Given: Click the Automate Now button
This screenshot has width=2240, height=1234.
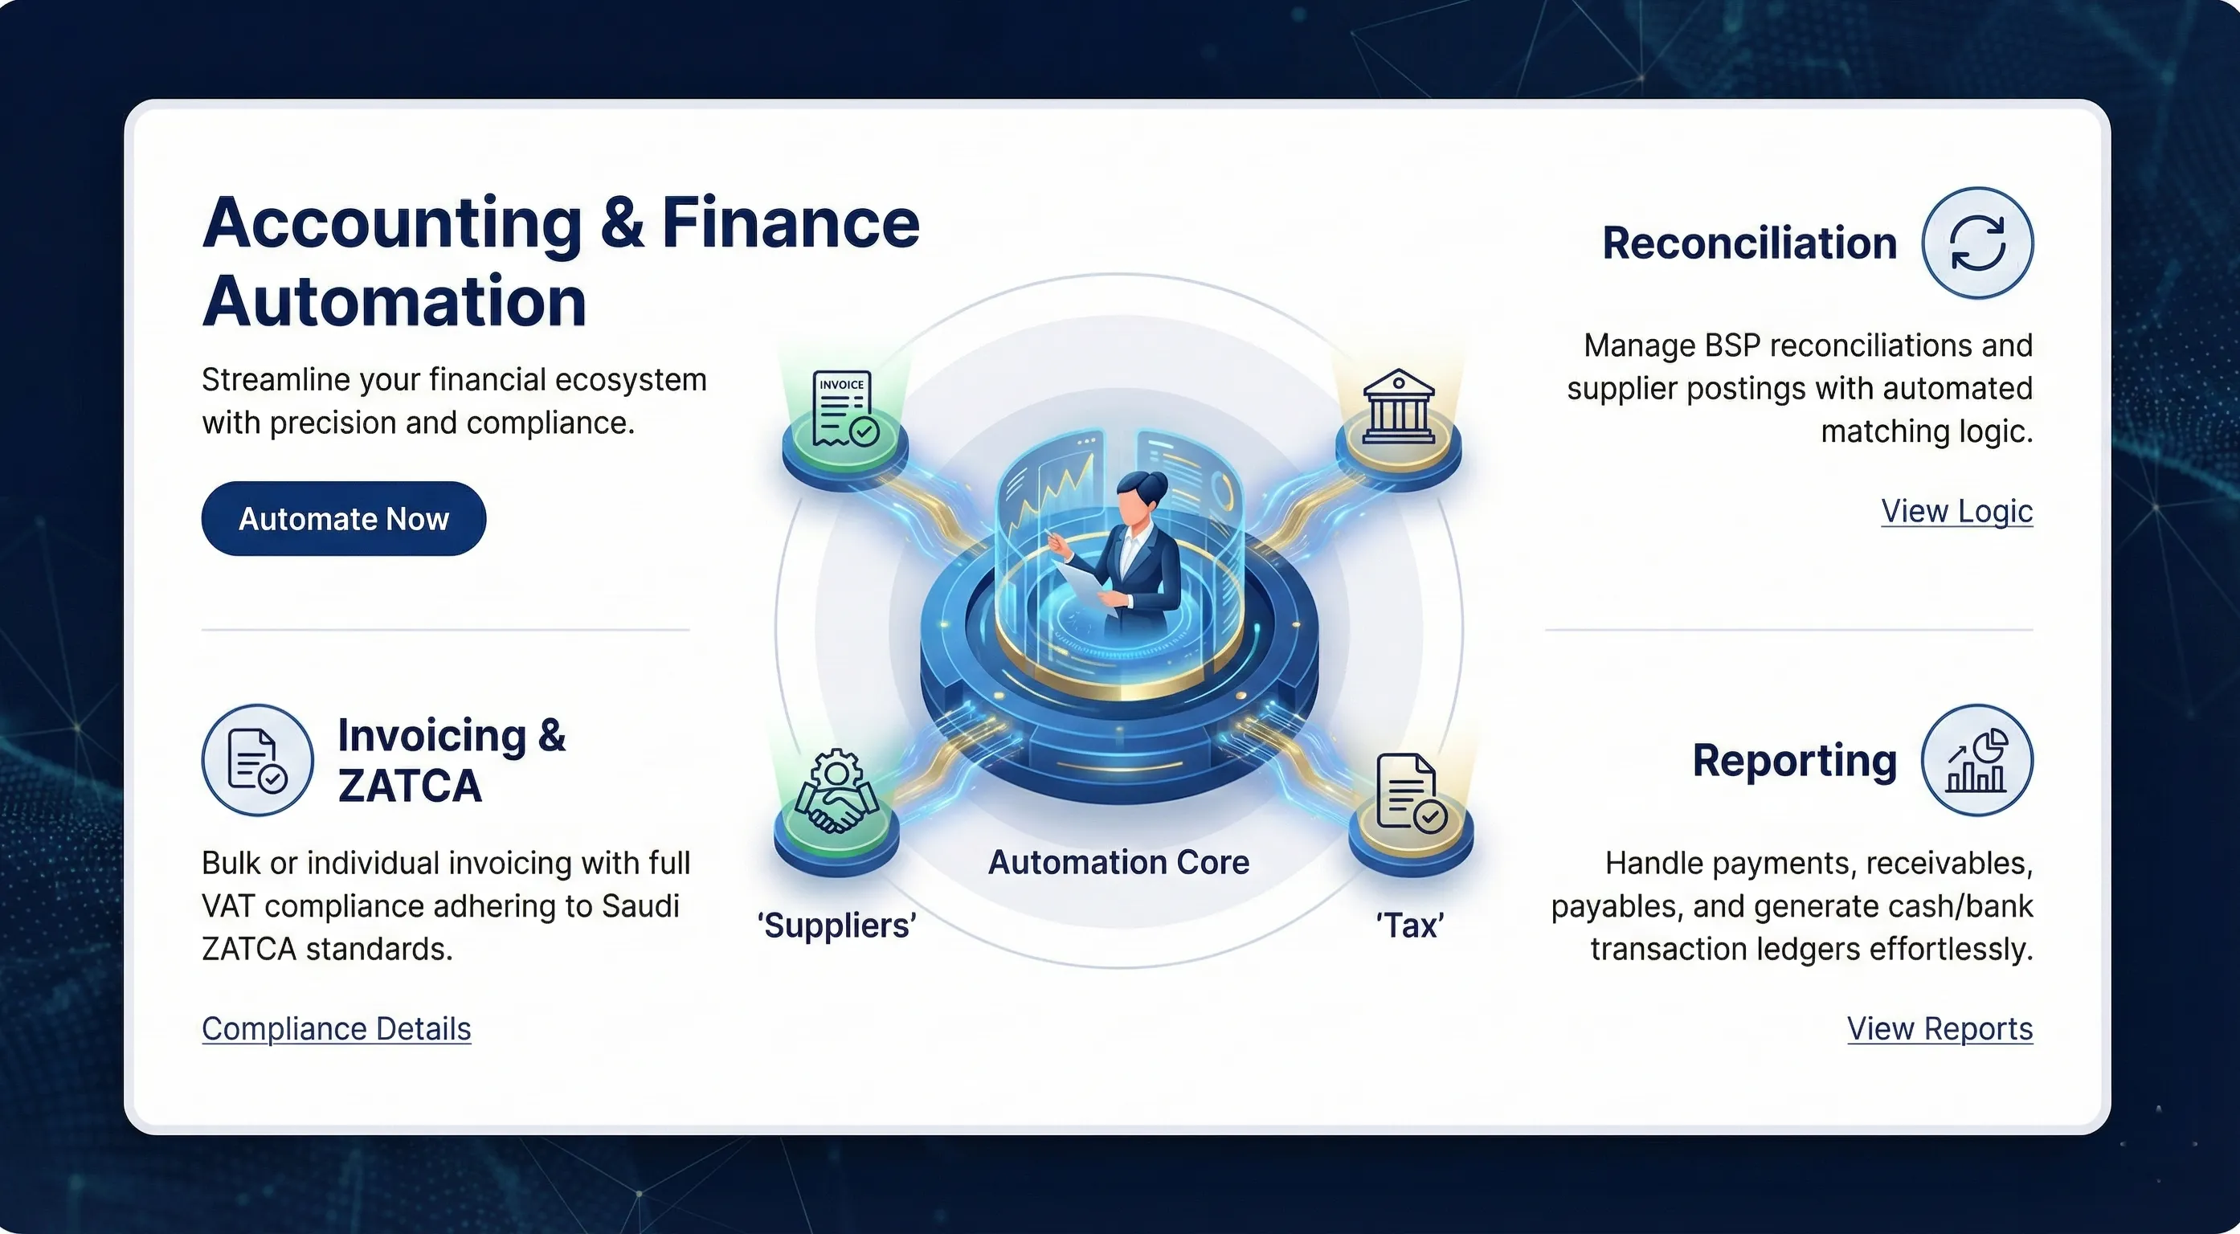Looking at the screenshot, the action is click(x=344, y=518).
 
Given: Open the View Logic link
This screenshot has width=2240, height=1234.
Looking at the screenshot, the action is click(x=1956, y=511).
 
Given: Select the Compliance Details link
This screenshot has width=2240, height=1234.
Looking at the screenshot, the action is click(x=337, y=1029).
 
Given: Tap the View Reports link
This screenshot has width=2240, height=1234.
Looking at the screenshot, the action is click(x=1940, y=1029).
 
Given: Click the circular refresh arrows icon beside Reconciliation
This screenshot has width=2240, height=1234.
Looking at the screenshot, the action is click(x=1977, y=243).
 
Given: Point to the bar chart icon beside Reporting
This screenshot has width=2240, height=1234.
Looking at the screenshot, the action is click(x=1977, y=760).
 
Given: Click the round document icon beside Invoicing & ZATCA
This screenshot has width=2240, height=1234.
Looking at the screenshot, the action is click(x=257, y=760).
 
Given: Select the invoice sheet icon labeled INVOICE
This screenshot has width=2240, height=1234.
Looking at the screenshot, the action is click(x=844, y=409).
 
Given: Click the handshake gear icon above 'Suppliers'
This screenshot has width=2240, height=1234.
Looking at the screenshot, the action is click(x=836, y=791).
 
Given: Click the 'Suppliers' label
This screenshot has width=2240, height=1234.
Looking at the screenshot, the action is click(x=836, y=925).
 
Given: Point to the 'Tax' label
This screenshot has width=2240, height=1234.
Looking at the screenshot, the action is click(x=1409, y=925).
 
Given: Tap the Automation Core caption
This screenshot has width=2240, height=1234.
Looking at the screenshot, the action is click(x=1119, y=862).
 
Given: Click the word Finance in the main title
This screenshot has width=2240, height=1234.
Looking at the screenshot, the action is click(x=791, y=223).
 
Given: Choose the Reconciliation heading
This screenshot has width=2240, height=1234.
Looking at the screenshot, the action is click(x=1750, y=243).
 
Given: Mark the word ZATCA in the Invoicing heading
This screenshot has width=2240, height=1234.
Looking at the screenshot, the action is click(x=410, y=787).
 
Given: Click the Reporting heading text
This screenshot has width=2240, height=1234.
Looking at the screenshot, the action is click(x=1795, y=762).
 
